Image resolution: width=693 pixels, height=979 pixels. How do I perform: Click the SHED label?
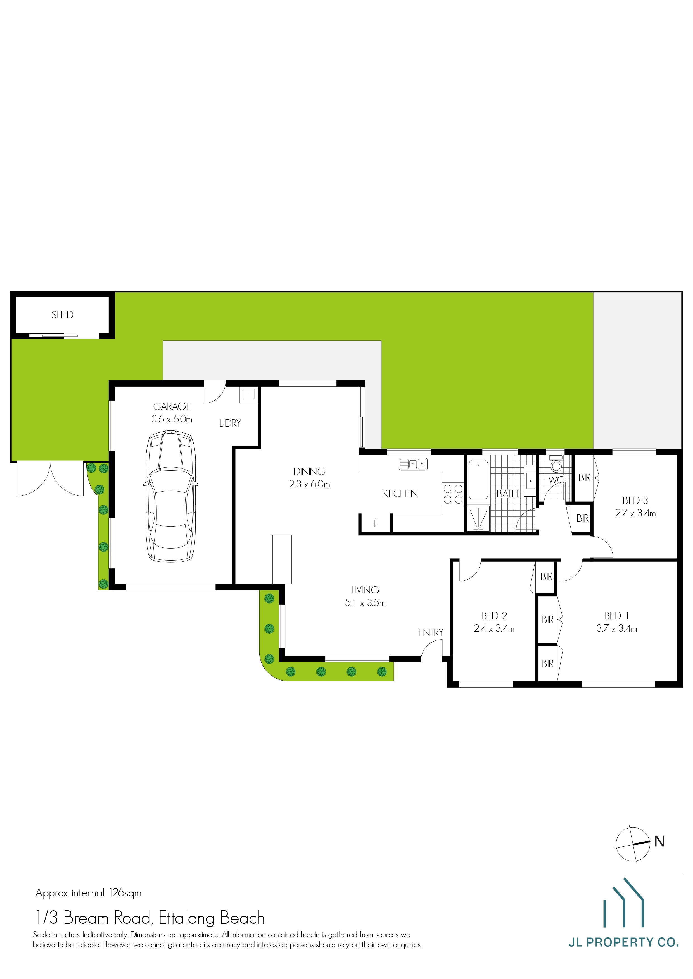point(62,315)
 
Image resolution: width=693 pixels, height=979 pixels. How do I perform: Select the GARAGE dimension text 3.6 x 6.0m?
point(172,419)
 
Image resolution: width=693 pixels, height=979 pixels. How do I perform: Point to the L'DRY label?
point(230,423)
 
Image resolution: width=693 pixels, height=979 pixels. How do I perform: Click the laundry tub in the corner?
point(249,394)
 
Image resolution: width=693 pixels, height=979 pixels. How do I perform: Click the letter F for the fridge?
point(376,523)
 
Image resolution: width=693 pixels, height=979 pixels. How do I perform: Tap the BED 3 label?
point(635,500)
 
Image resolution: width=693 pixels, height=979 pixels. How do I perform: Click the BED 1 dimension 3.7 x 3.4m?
point(617,628)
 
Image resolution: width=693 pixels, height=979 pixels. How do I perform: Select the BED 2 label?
point(494,616)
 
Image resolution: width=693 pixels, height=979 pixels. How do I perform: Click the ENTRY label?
point(431,632)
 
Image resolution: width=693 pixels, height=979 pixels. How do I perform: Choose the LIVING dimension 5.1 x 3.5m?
point(365,603)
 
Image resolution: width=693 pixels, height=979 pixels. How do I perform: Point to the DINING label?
point(309,471)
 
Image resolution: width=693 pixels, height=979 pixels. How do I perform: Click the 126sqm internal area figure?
point(125,893)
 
